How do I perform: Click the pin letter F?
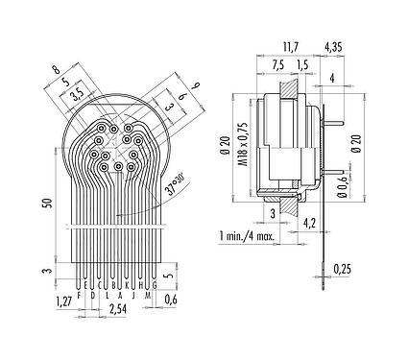[x=78, y=285]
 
